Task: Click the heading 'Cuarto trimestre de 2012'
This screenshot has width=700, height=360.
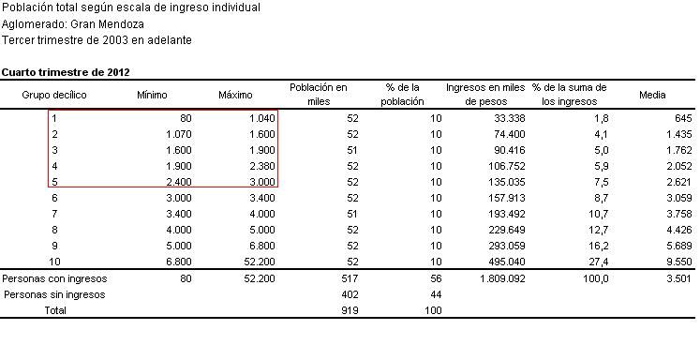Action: click(66, 71)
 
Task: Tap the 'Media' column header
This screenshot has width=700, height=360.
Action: click(652, 95)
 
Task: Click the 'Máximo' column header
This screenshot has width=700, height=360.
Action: click(236, 95)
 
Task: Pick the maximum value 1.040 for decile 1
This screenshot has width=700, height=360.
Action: click(263, 118)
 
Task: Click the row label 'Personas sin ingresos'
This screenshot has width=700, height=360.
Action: click(54, 294)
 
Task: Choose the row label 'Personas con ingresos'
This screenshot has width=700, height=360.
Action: click(54, 278)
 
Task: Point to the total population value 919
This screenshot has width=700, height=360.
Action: click(350, 310)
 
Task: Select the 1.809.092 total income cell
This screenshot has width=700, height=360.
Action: click(501, 278)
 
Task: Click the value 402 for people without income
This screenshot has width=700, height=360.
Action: click(350, 294)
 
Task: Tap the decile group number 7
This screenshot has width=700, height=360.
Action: click(55, 215)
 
